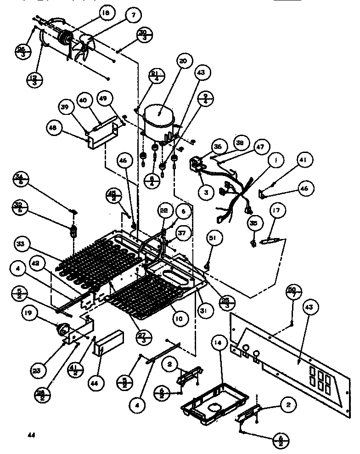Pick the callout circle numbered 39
tap(66, 107)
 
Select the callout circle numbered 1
tap(276, 161)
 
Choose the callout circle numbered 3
tap(206, 193)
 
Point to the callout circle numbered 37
tap(182, 233)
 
